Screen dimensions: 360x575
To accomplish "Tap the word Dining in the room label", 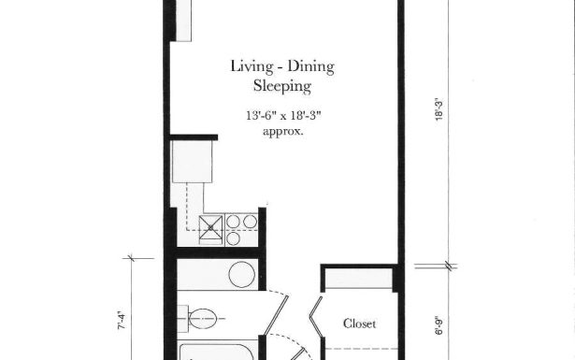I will (x=309, y=66).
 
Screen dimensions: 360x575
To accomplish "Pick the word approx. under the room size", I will (x=282, y=132).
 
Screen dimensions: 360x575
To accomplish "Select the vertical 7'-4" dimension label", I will (x=132, y=326).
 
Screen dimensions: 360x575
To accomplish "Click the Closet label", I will (x=359, y=324).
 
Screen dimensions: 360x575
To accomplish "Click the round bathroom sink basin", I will (x=242, y=275).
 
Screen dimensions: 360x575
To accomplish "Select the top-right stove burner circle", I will (x=250, y=222).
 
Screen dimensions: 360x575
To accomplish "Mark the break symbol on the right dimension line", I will (x=451, y=265).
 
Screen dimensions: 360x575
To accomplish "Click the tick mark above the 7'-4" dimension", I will (x=132, y=256).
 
